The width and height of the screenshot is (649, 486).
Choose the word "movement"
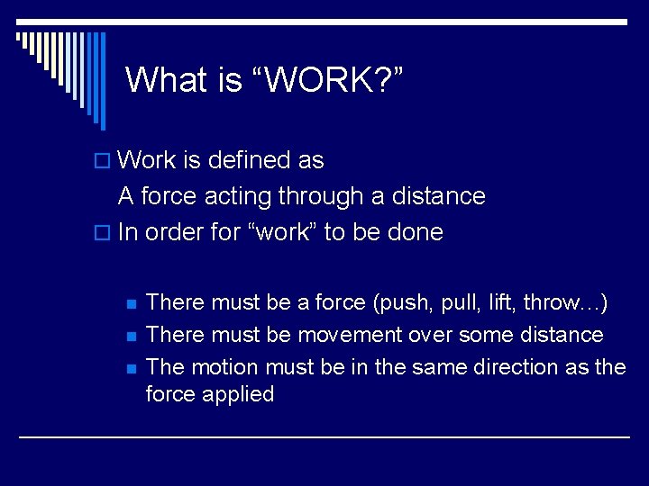(x=350, y=335)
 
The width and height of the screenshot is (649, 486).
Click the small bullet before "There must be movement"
(x=131, y=336)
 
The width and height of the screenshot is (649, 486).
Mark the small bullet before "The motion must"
(x=131, y=368)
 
